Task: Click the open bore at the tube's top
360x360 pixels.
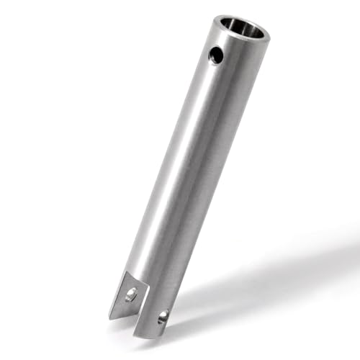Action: click(241, 29)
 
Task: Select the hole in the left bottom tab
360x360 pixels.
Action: click(131, 294)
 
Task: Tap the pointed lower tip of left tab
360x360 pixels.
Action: click(112, 318)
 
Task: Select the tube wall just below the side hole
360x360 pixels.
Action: click(210, 72)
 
